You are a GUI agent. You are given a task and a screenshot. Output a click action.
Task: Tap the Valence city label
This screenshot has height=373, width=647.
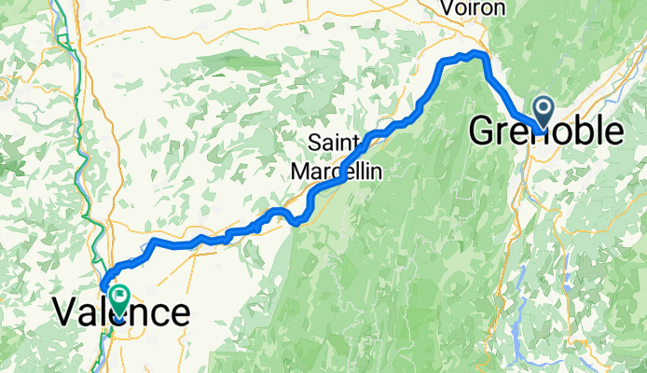pyautogui.click(x=121, y=312)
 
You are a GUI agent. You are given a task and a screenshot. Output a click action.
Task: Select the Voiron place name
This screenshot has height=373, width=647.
pyautogui.click(x=473, y=8)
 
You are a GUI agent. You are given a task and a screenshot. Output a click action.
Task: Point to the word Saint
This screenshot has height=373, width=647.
pyautogui.click(x=338, y=143)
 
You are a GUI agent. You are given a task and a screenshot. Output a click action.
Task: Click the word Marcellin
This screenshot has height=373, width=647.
pyautogui.click(x=342, y=171)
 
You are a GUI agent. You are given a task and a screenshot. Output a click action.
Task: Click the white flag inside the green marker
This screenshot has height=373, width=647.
pyautogui.click(x=120, y=295)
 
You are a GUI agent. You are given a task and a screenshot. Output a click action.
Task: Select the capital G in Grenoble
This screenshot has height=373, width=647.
pyautogui.click(x=482, y=131)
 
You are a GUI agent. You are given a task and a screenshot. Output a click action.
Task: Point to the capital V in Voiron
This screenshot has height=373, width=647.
pyautogui.click(x=447, y=8)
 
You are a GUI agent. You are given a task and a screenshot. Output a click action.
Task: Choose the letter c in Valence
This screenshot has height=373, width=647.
pyautogui.click(x=158, y=314)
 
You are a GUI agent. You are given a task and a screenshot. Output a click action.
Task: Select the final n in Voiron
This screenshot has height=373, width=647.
pyautogui.click(x=498, y=9)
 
